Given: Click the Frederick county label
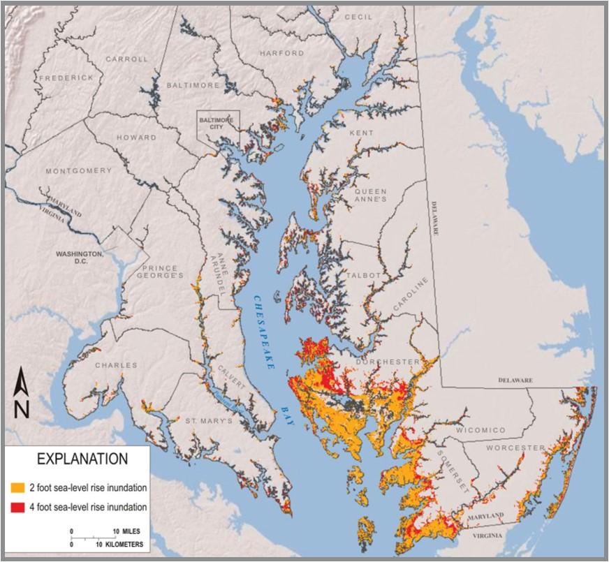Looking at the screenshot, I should tap(66, 77).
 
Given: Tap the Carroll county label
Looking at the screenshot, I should tap(126, 59).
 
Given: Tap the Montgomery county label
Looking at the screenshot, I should tap(78, 170).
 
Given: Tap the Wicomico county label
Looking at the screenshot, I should tap(480, 431).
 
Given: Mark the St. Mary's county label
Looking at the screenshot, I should tap(207, 421).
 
